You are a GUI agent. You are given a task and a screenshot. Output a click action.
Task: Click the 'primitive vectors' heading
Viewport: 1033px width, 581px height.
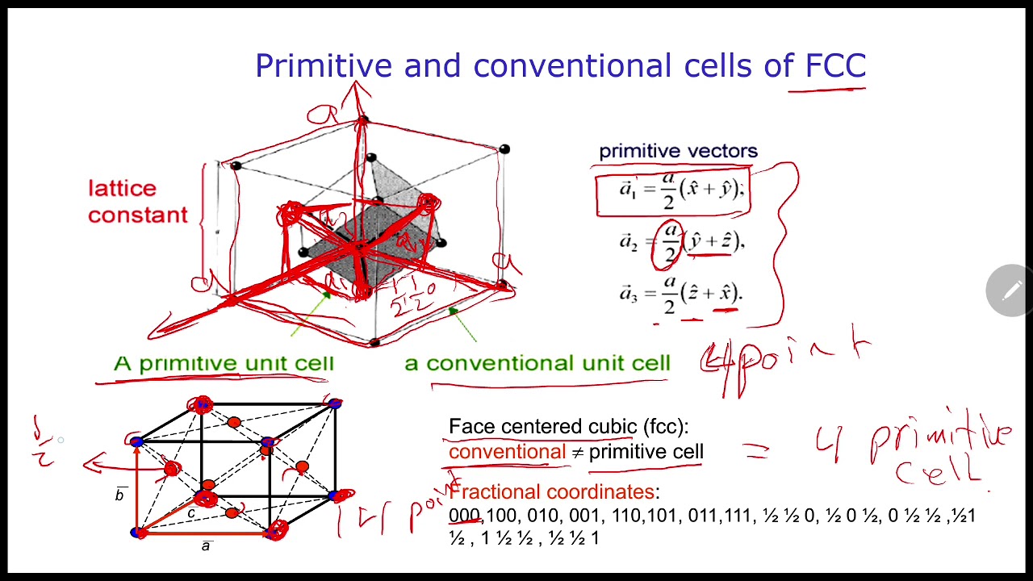coord(678,152)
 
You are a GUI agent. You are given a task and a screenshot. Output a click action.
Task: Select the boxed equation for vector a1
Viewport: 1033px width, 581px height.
coord(674,192)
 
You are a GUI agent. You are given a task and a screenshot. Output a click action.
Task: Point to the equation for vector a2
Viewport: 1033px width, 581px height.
coord(682,244)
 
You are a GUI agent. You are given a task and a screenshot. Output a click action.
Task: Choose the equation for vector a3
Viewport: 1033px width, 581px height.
coord(682,295)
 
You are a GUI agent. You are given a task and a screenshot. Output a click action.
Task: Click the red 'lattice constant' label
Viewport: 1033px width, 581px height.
coord(137,202)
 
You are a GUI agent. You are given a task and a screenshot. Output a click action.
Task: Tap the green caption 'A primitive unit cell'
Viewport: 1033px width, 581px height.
coord(224,364)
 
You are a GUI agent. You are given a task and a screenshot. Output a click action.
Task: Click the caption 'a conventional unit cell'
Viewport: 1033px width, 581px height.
coord(537,364)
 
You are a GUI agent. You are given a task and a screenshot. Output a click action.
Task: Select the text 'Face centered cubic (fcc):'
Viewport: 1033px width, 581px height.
coord(568,427)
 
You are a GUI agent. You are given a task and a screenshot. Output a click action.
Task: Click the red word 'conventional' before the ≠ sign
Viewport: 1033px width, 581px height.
coord(507,452)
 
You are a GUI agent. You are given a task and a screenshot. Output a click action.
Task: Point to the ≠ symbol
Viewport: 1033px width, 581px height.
coord(577,453)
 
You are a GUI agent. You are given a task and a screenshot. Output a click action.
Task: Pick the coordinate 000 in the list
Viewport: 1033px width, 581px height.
coord(464,516)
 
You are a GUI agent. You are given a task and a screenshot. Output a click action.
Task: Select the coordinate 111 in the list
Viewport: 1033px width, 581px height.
coord(737,516)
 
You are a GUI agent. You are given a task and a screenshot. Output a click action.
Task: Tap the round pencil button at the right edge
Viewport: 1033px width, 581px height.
coord(1010,290)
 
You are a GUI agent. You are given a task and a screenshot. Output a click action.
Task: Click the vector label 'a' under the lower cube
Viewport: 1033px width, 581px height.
coord(207,546)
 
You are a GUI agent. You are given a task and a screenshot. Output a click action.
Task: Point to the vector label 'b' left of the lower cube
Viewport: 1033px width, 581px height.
coord(120,495)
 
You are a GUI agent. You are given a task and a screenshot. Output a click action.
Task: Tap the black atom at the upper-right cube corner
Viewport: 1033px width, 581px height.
coord(504,149)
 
